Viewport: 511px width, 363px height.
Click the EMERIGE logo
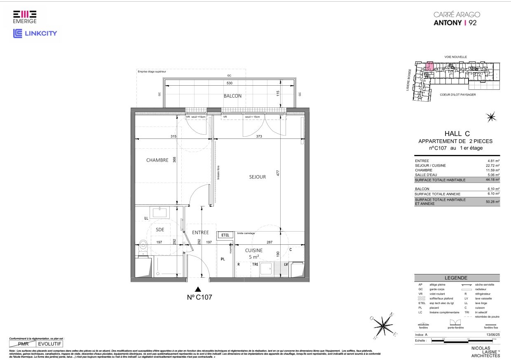24,17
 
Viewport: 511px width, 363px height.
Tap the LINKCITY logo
35,33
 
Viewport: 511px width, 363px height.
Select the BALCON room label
232,96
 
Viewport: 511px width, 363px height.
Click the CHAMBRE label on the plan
157,160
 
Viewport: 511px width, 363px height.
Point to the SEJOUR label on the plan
257,177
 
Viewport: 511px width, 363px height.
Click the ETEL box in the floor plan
225,235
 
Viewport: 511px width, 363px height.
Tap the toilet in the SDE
143,247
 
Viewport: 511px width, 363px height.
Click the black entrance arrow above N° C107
198,289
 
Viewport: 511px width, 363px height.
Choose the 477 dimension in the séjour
278,173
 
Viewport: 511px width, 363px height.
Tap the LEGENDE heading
456,278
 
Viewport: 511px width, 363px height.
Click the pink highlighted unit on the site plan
429,66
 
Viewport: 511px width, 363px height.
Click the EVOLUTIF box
49,343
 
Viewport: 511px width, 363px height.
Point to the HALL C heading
457,133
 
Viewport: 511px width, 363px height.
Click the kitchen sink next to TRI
267,268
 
